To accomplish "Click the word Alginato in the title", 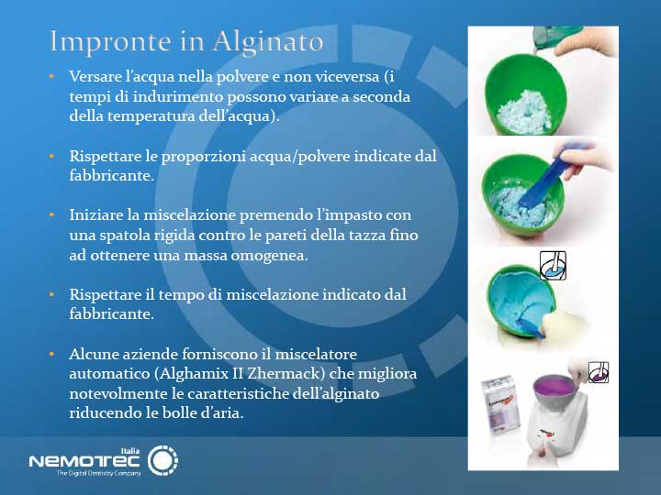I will [268, 42].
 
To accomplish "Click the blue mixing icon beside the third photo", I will [553, 265].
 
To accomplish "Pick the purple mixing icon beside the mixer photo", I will [598, 371].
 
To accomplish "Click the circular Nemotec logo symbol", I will [162, 459].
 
